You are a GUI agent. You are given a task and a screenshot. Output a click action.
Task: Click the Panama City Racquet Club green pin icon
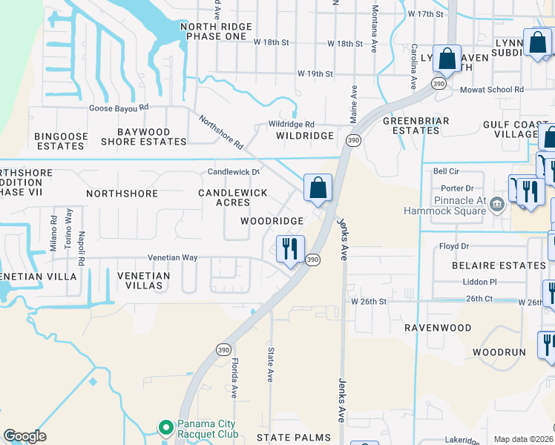165,427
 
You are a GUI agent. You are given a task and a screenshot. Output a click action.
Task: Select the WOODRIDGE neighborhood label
272,221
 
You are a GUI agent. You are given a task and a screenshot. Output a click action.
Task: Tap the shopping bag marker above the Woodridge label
318,188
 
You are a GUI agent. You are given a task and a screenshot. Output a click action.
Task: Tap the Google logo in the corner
24,436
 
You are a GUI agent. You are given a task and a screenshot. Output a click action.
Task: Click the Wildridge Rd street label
292,124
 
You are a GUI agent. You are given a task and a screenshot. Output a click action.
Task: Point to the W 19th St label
315,73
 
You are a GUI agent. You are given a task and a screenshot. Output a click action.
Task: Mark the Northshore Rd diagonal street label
220,132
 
